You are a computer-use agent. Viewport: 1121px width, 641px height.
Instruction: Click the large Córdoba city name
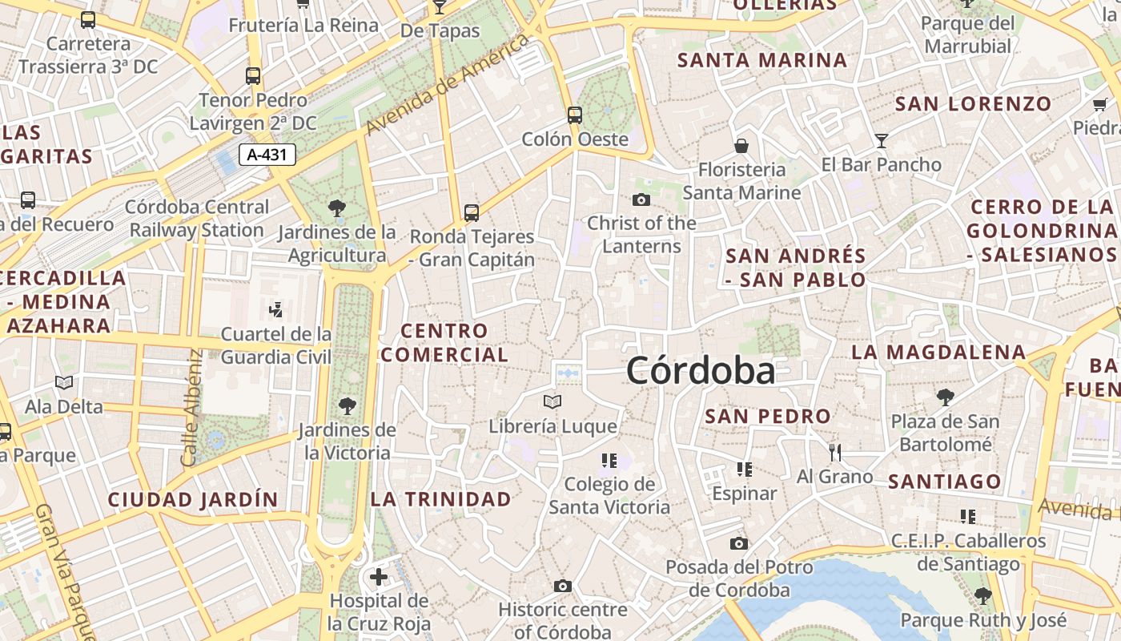coord(701,371)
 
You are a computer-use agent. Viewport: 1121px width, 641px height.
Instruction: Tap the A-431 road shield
coord(267,155)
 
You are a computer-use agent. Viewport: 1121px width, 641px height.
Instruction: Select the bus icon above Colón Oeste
coord(574,115)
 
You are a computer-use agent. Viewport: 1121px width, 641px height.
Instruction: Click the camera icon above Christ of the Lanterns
coord(641,200)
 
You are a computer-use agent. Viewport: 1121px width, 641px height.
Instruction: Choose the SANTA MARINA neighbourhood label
coord(761,60)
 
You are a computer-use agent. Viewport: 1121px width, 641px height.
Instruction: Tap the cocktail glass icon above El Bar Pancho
coord(882,141)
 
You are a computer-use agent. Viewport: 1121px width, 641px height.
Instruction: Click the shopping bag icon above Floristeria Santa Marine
coord(741,146)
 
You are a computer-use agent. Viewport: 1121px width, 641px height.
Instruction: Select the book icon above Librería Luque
coord(552,401)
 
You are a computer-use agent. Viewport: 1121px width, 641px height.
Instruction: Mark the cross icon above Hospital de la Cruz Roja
coord(378,576)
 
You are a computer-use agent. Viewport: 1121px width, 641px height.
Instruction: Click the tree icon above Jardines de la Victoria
coord(348,405)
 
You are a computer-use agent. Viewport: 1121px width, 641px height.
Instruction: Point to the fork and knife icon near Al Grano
coord(835,453)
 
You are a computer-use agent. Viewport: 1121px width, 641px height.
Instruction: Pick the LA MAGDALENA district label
coord(938,352)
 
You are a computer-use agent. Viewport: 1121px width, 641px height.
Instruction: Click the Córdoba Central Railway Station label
coord(197,218)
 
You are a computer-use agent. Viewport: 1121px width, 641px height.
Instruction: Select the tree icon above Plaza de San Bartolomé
coord(946,397)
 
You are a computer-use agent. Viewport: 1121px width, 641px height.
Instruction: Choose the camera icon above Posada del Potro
coord(739,543)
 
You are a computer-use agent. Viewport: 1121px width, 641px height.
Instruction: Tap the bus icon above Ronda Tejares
coord(472,212)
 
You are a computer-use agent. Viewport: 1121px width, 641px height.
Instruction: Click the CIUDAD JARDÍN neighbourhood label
coord(193,500)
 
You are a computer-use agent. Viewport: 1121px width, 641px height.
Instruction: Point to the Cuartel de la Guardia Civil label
coord(276,345)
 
